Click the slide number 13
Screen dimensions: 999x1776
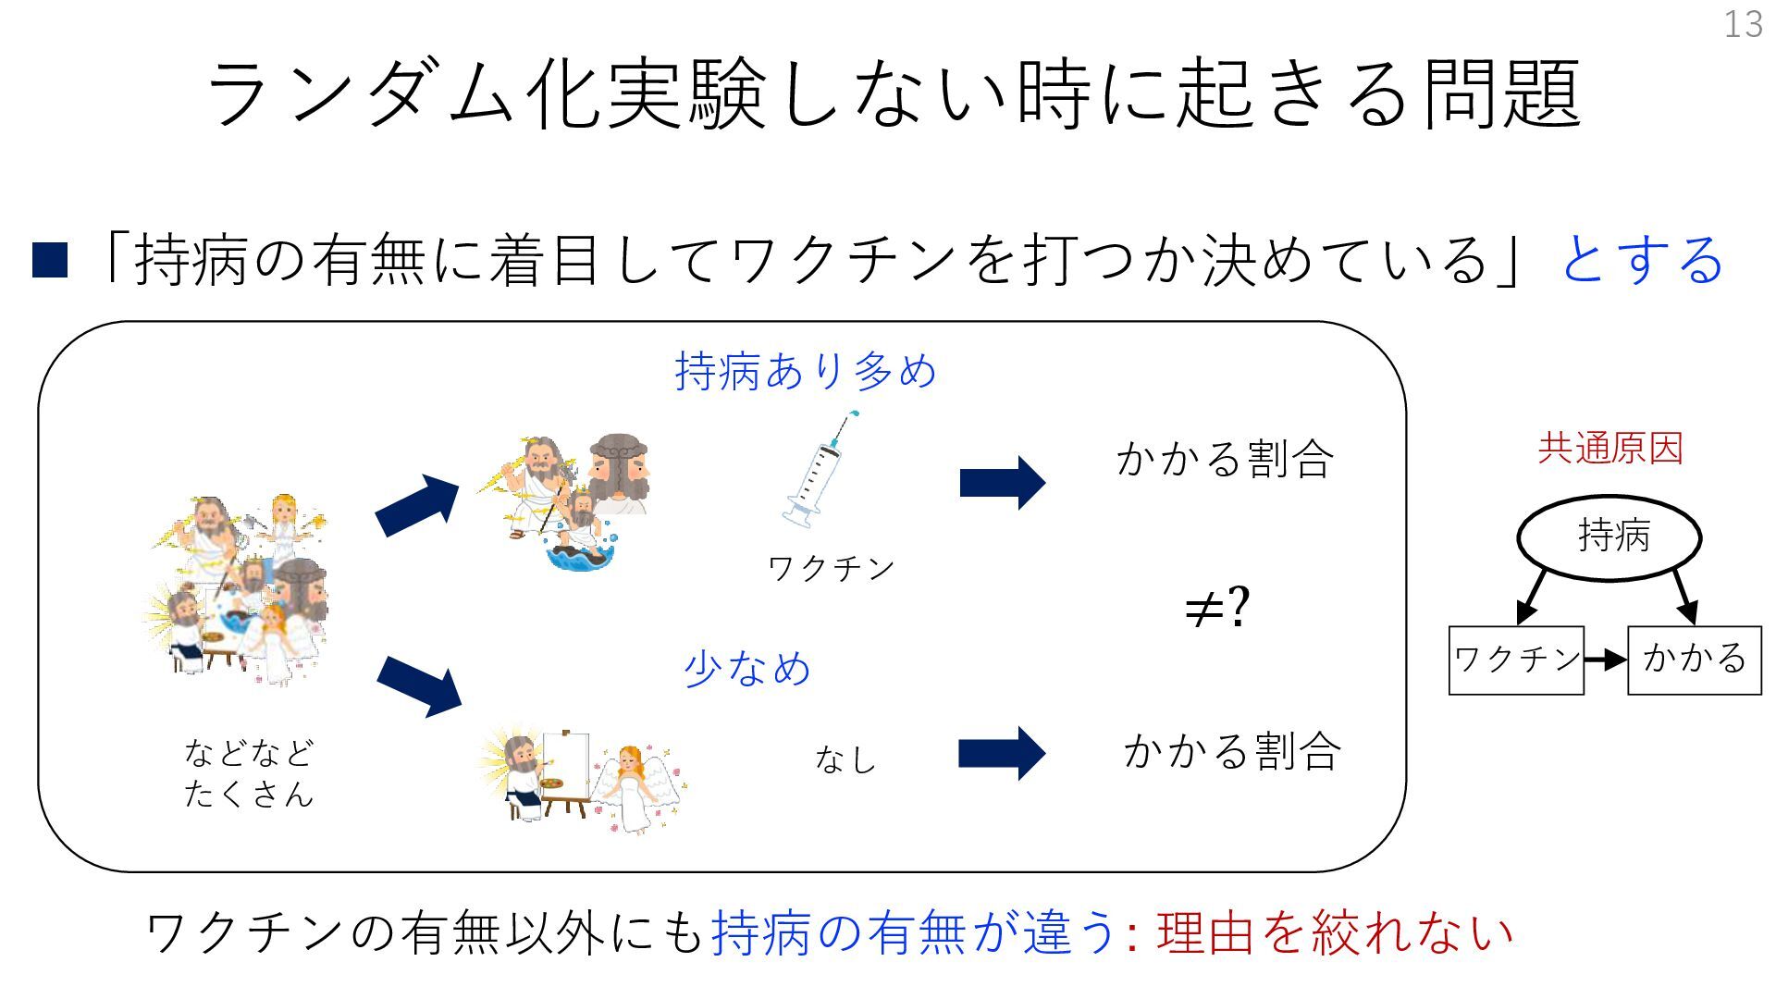1743,24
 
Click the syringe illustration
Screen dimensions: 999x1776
818,472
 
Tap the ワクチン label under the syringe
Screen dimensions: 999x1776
831,568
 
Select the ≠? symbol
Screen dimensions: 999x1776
1217,608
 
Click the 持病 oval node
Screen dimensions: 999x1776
1609,536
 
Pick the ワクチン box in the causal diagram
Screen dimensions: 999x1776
1515,660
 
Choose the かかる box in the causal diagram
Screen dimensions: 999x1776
1694,660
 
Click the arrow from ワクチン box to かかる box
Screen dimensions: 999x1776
1605,660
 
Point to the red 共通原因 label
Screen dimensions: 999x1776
1609,449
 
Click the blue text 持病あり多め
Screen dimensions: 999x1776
806,372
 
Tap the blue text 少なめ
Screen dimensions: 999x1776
747,669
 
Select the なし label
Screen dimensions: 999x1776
845,759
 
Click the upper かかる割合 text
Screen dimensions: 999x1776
1225,460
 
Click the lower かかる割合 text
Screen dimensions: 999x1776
1232,751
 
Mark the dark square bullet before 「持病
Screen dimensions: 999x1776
50,261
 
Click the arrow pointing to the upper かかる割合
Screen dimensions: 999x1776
1002,483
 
